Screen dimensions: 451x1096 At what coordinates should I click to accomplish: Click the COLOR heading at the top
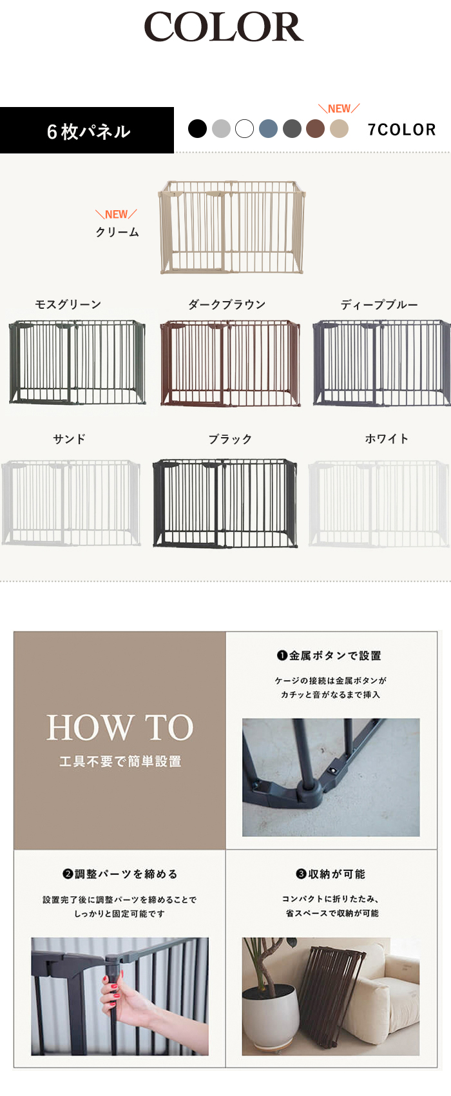click(x=224, y=27)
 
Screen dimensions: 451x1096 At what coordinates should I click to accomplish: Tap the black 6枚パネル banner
click(x=87, y=130)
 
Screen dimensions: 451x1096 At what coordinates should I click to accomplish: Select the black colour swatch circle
click(x=198, y=129)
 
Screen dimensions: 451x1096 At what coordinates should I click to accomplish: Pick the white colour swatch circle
click(x=245, y=129)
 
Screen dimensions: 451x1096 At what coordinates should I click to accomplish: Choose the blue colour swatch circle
click(x=268, y=129)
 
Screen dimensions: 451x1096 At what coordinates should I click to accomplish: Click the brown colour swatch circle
click(x=316, y=129)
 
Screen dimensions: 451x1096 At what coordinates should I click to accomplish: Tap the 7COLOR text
click(x=401, y=130)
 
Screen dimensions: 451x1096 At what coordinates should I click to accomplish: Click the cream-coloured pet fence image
click(x=231, y=227)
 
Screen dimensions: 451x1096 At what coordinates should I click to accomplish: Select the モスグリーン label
click(x=68, y=304)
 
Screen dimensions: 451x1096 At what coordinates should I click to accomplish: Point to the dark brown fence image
click(x=231, y=362)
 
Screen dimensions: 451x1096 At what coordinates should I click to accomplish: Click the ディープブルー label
click(x=379, y=305)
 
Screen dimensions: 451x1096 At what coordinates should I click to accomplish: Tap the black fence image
click(x=225, y=503)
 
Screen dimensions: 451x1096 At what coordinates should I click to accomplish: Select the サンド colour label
click(x=69, y=439)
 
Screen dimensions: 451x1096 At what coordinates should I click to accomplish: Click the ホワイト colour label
click(x=387, y=439)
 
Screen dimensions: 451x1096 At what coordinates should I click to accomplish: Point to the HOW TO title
click(x=120, y=727)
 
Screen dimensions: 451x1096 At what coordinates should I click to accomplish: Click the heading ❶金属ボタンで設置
click(x=329, y=656)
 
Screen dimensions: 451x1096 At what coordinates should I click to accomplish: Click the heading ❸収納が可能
click(x=331, y=874)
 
